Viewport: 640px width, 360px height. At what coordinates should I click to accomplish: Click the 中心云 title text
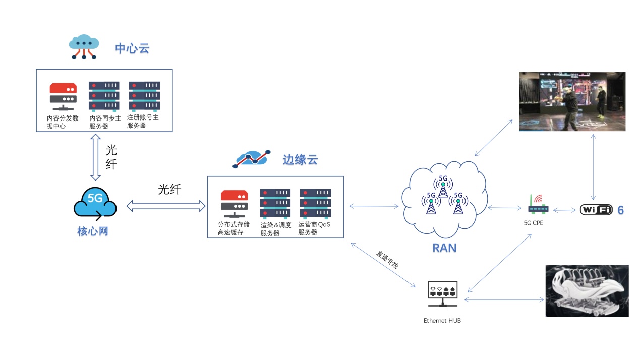pos(132,48)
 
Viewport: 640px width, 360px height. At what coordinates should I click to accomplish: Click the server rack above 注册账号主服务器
pos(144,96)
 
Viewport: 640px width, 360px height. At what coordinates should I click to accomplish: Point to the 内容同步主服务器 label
pos(104,122)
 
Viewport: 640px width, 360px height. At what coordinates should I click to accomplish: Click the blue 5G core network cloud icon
pos(95,204)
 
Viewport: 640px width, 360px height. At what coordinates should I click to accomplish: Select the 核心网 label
pos(93,231)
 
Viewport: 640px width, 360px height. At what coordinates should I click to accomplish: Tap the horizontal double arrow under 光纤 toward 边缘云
pos(166,205)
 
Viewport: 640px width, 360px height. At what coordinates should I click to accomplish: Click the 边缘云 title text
pos(300,160)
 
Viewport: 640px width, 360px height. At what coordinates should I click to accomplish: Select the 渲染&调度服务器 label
pos(275,229)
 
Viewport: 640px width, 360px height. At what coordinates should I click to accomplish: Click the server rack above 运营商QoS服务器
pos(315,203)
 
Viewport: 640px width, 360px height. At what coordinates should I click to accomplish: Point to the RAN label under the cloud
pos(444,248)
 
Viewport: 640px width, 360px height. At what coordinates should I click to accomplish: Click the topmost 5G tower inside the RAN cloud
pos(443,186)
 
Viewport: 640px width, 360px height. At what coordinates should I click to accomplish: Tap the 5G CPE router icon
pos(538,204)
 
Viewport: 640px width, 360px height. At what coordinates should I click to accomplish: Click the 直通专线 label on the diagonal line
pos(387,259)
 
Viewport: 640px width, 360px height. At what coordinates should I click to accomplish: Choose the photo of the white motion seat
pos(587,291)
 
